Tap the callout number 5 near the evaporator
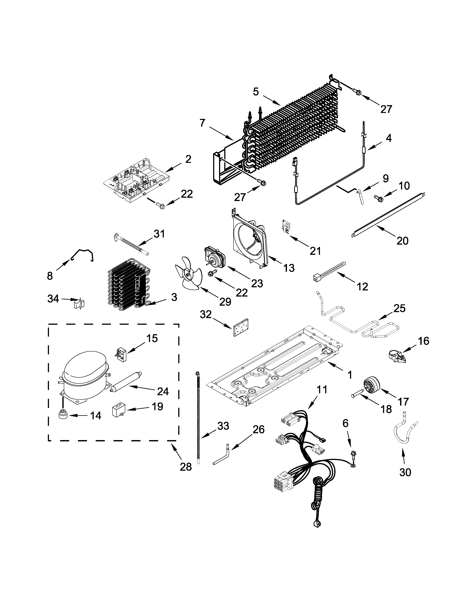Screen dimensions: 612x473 [256, 92]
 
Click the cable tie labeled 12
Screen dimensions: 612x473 [328, 271]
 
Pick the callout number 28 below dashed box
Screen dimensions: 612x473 [186, 467]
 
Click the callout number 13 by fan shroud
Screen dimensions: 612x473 [289, 268]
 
